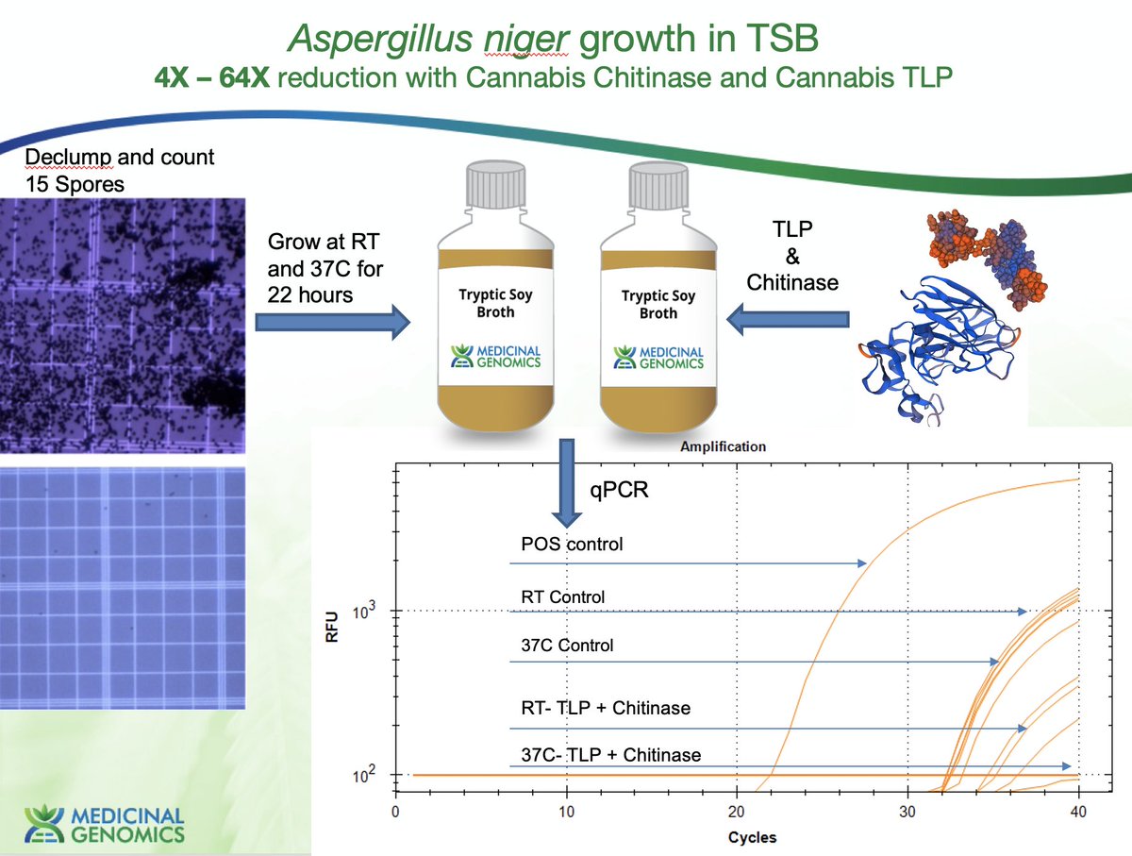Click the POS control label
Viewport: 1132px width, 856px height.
(x=572, y=545)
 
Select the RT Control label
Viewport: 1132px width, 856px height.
(x=562, y=596)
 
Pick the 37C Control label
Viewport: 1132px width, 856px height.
(x=567, y=646)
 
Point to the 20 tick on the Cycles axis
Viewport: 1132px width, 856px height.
(x=736, y=812)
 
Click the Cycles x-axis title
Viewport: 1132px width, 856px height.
(x=751, y=836)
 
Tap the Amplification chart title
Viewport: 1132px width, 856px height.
(x=723, y=445)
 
